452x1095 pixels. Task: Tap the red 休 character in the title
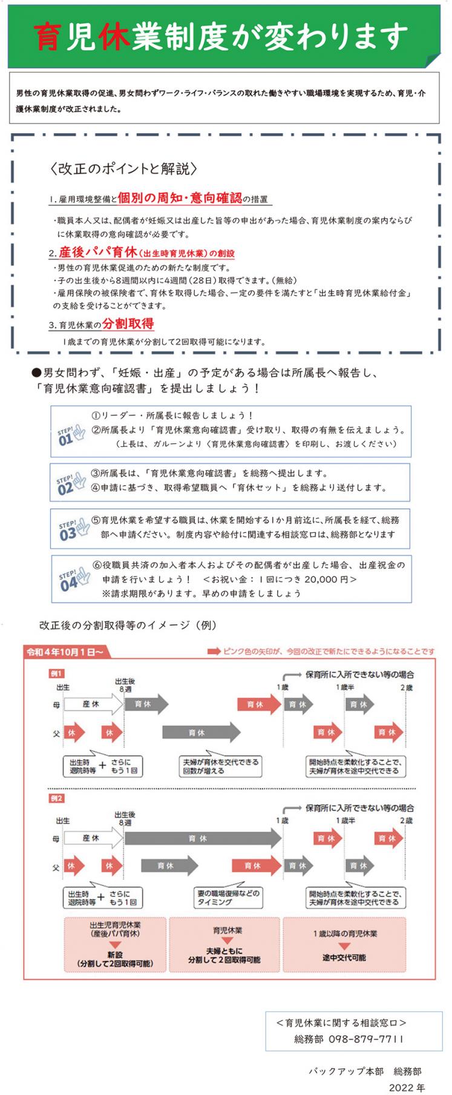tap(114, 38)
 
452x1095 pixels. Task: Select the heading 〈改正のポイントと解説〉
tap(125, 169)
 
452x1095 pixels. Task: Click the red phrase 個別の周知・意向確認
tap(180, 197)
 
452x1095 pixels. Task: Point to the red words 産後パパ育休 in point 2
tap(97, 253)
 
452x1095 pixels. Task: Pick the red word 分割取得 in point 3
tap(128, 323)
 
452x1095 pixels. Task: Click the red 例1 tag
tap(56, 673)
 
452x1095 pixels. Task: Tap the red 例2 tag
tap(56, 798)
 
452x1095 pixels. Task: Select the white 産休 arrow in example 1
tap(92, 704)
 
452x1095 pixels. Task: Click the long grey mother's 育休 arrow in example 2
tap(202, 839)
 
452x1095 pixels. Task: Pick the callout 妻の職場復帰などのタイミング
tap(228, 898)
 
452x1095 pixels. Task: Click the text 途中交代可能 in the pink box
tap(344, 958)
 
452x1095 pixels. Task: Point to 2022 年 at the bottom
tap(407, 1087)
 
